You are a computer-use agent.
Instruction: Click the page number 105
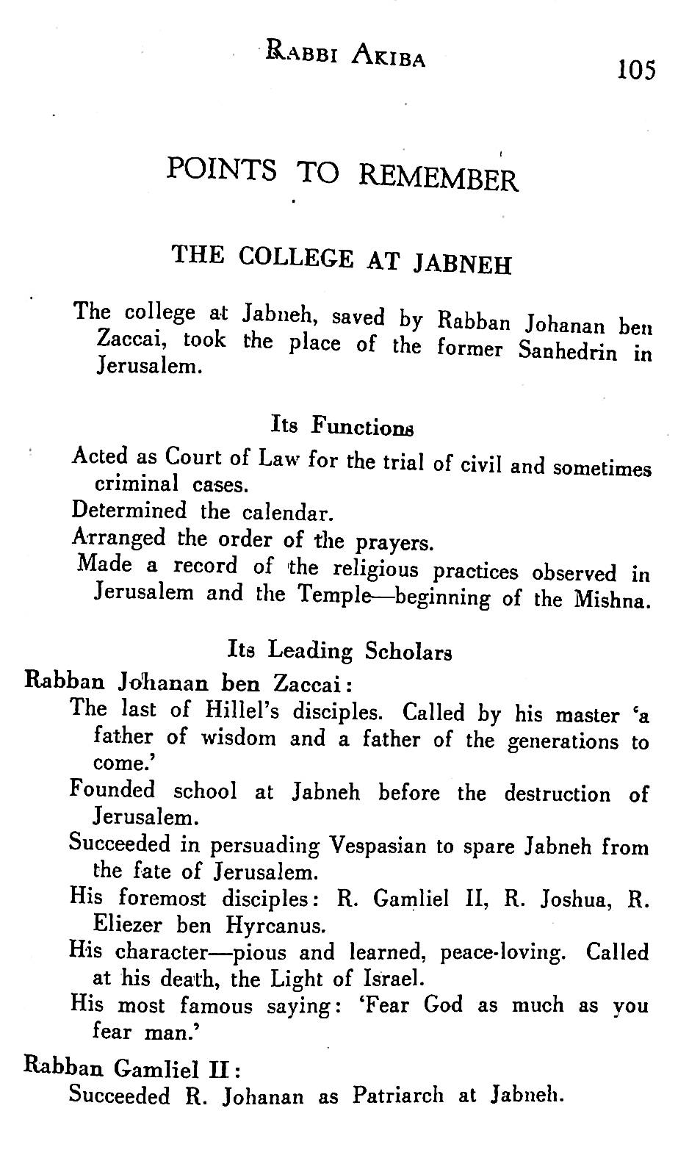click(635, 70)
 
